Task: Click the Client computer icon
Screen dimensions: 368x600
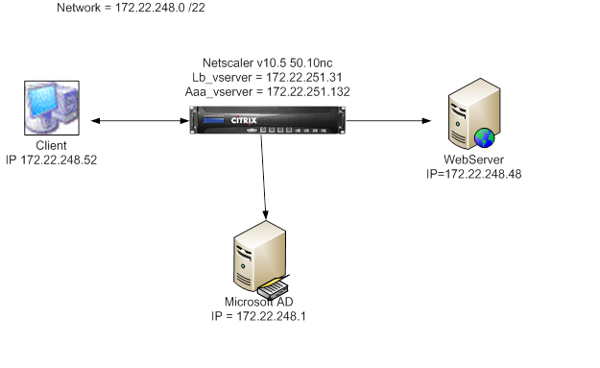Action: point(49,110)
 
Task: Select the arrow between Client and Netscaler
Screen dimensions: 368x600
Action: point(140,121)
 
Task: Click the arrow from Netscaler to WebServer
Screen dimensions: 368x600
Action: point(383,121)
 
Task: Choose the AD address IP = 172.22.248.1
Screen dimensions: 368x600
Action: point(261,315)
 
